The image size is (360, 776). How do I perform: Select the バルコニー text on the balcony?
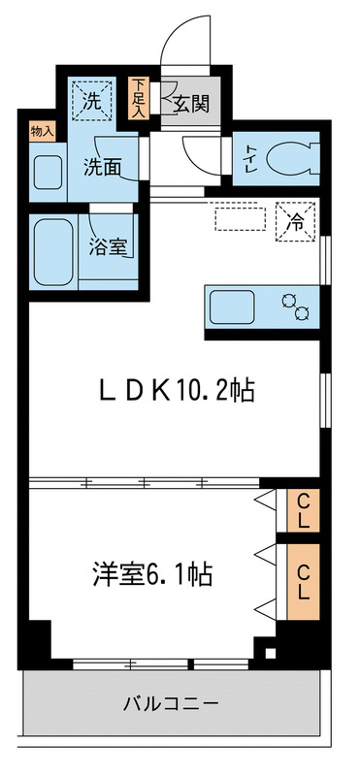(171, 701)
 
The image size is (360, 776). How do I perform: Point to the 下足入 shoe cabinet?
(139, 97)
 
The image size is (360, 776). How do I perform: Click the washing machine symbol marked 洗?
(92, 98)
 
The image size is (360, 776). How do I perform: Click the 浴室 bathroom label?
(106, 246)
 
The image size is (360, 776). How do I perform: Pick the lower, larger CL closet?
(303, 580)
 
